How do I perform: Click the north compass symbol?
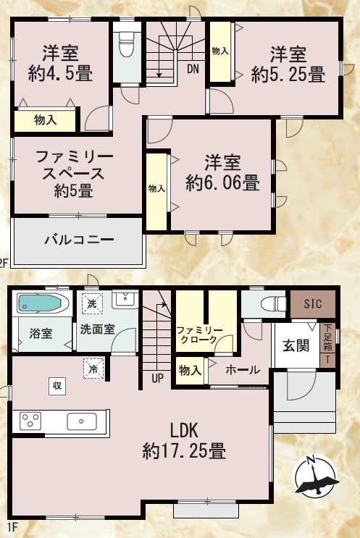(x=315, y=476)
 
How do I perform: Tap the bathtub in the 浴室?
(x=40, y=303)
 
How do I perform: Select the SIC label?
(x=313, y=303)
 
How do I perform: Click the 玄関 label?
(x=296, y=346)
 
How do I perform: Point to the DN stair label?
(x=193, y=70)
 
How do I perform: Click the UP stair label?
(x=157, y=379)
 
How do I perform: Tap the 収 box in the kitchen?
(x=57, y=386)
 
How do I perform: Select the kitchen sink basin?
(x=82, y=421)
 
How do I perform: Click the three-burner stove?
(x=30, y=421)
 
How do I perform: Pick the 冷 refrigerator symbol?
(x=93, y=369)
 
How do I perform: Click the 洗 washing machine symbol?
(x=92, y=303)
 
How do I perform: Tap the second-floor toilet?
(x=126, y=45)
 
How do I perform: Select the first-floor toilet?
(x=274, y=304)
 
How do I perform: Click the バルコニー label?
(x=79, y=240)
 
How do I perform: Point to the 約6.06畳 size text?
(x=222, y=182)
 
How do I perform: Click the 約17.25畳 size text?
(x=184, y=450)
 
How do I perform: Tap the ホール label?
(x=243, y=370)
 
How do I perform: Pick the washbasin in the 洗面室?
(x=125, y=300)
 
